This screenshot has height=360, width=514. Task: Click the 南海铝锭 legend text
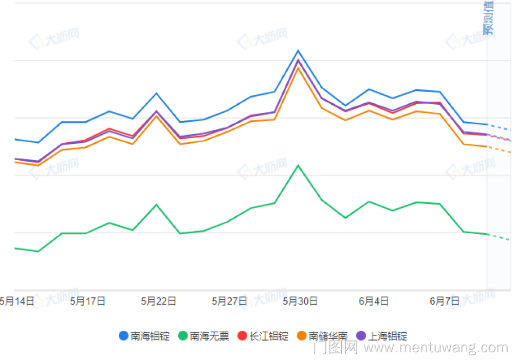150,336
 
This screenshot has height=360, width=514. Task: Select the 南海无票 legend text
210,336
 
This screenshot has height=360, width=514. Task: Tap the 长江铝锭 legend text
269,336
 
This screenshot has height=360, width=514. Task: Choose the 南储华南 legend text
328,336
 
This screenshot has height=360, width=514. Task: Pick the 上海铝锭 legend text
388,336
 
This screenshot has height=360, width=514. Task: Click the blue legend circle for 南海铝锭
123,336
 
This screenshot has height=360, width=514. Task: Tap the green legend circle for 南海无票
183,336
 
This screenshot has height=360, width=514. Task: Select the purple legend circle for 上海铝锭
361,336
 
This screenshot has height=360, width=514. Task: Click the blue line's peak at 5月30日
298,50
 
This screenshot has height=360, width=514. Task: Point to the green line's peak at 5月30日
298,165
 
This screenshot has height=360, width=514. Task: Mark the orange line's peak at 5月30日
298,67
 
